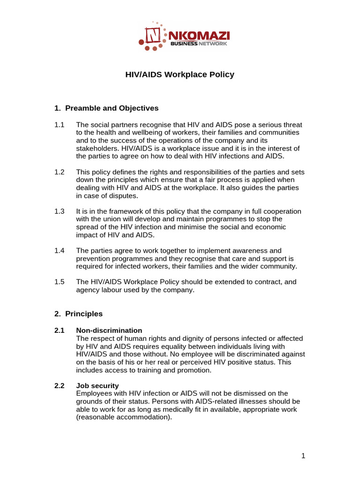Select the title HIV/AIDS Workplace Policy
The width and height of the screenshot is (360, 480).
[x=180, y=75]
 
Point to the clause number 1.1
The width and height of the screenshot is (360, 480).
[x=60, y=125]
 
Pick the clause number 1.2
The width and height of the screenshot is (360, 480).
[x=60, y=172]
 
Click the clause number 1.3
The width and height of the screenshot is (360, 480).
[x=60, y=211]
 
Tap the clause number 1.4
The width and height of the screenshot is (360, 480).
[x=60, y=251]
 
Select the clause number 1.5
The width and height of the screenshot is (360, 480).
[x=60, y=282]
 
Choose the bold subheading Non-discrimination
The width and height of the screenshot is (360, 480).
[x=109, y=330]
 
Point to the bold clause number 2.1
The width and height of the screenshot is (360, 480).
[x=60, y=330]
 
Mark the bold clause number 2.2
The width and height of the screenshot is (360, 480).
[x=60, y=385]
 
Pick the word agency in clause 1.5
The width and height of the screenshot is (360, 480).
[x=88, y=290]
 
